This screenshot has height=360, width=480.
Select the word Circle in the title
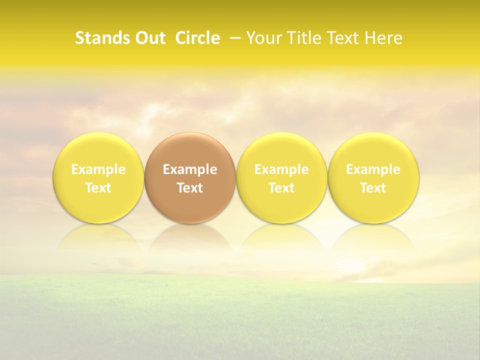coord(197,38)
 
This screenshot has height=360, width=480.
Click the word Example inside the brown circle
coord(190,169)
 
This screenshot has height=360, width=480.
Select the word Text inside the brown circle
coord(190,188)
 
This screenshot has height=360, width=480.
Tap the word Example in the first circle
coord(98,169)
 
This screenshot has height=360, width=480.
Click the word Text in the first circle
coord(98,188)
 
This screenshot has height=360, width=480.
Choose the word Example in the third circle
coord(281,169)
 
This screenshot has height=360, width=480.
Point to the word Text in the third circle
coord(281,188)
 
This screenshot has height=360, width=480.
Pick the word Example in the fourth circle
coord(373,169)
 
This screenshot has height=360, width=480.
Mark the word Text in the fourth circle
coord(373,188)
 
